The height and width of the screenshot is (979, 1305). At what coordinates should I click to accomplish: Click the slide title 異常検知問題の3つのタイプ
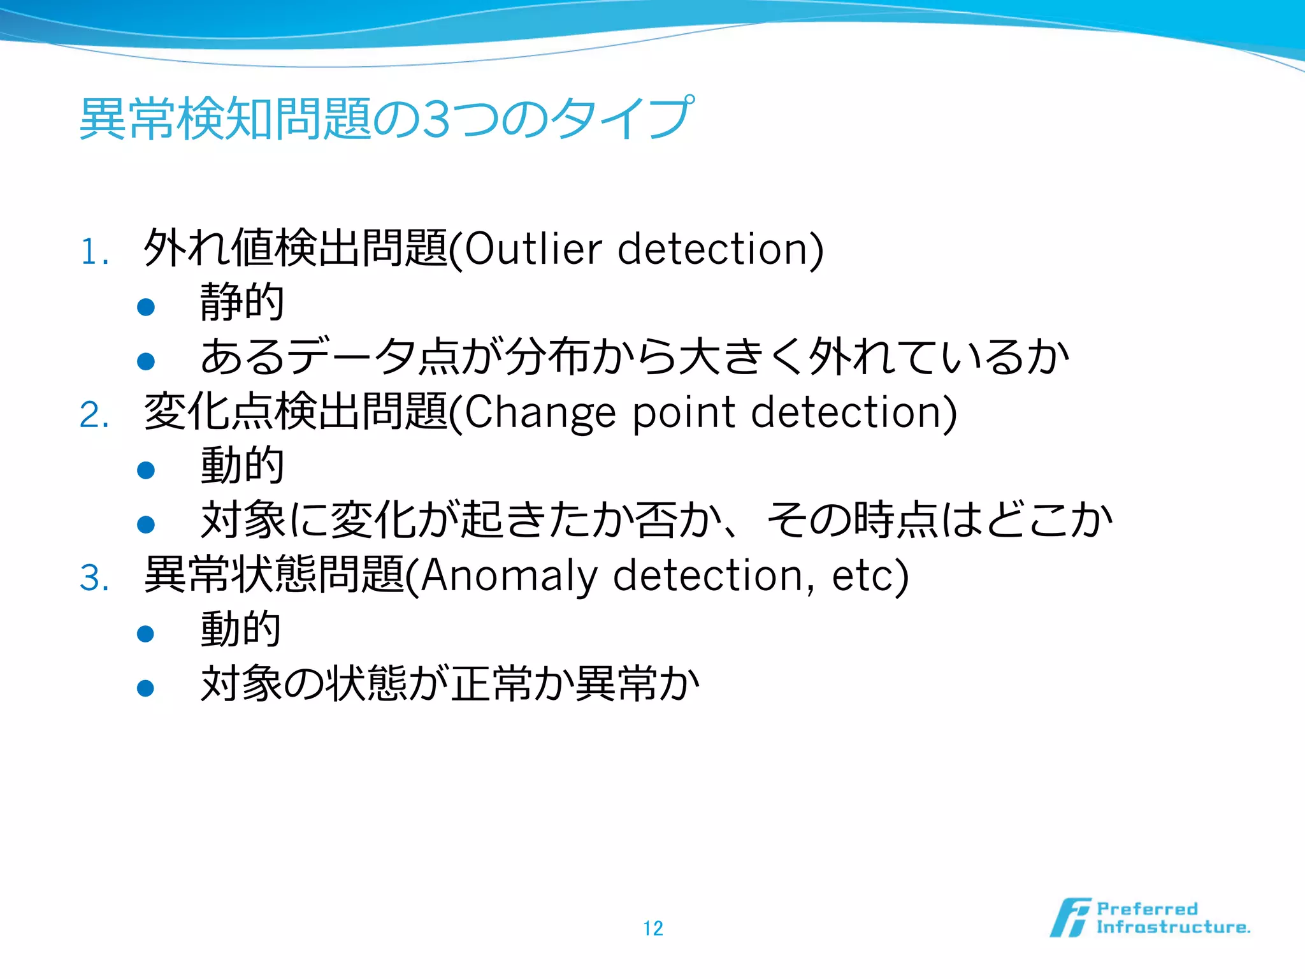point(386,119)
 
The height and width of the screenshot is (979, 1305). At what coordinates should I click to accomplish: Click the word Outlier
point(533,249)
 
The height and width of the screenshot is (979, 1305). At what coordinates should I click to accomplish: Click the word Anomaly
point(508,576)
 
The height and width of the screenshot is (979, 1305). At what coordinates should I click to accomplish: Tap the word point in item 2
point(684,413)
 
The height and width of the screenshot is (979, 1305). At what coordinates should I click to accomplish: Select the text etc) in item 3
point(870,576)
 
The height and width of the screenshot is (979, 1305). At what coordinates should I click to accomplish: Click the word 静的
point(242,302)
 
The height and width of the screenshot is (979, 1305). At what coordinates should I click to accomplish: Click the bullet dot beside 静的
point(146,307)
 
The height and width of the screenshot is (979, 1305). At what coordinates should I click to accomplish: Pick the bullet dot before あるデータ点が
point(146,361)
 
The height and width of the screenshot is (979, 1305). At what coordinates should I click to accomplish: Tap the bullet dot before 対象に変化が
point(146,525)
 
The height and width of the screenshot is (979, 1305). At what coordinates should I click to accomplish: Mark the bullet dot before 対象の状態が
point(146,688)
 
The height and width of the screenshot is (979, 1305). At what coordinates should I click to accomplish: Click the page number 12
point(653,928)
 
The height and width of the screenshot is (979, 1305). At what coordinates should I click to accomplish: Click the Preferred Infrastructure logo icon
point(1070,918)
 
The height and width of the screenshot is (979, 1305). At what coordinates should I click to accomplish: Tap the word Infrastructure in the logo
point(1172,927)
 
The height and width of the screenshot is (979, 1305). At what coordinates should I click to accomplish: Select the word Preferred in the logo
point(1147,909)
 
